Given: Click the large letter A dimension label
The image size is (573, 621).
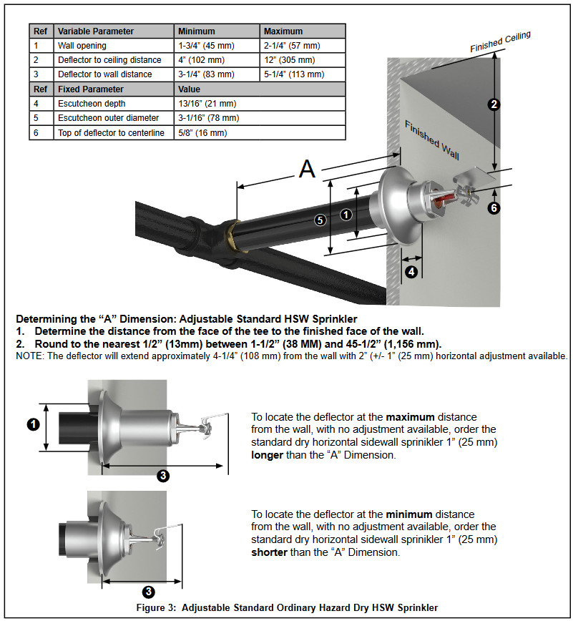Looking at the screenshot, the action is click(x=308, y=169).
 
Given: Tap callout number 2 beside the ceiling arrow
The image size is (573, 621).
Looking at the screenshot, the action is click(x=494, y=104).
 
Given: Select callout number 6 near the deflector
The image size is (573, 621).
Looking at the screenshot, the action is click(x=494, y=207).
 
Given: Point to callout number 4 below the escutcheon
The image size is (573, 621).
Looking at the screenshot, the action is click(x=412, y=272).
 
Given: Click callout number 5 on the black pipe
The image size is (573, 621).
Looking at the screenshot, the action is click(x=320, y=220).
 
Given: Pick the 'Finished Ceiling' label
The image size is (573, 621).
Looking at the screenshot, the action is click(x=500, y=41).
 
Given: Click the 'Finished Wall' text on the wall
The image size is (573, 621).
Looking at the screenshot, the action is click(x=431, y=141).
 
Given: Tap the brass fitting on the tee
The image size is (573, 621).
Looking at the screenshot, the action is click(x=234, y=238).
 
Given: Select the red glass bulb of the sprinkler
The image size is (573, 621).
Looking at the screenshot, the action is click(x=442, y=199).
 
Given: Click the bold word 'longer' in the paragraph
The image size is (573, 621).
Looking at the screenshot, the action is click(x=267, y=455).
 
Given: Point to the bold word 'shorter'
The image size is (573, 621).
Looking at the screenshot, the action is click(x=269, y=552).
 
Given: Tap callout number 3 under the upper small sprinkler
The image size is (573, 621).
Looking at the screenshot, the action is click(x=163, y=475).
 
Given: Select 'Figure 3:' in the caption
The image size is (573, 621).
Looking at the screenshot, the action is click(x=156, y=607).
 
